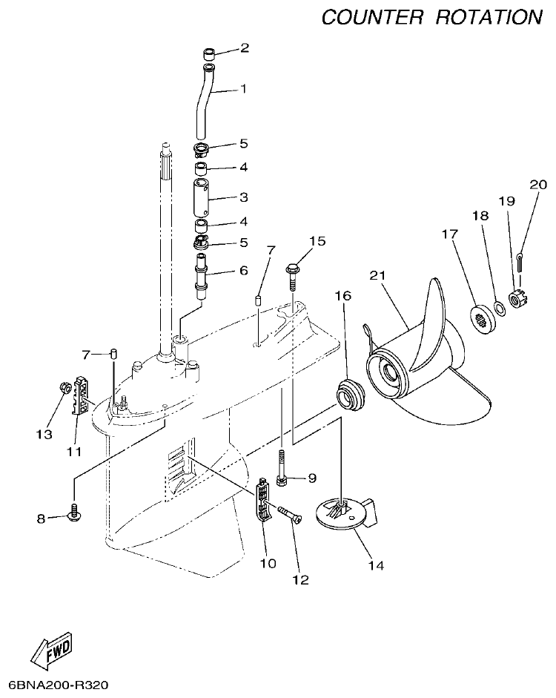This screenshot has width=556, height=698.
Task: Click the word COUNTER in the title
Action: (372, 17)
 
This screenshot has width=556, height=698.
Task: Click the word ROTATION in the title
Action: (489, 17)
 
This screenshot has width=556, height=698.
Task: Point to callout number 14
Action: (376, 566)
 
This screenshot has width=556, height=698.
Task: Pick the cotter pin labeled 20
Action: (521, 260)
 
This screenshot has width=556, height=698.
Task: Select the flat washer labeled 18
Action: (500, 307)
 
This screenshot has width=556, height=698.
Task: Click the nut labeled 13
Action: (64, 387)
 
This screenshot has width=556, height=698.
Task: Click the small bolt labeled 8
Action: (75, 510)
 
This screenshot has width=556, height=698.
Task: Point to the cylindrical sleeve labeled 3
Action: (203, 196)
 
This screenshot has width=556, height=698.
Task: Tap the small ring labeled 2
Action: (211, 53)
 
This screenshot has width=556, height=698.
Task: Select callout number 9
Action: (311, 478)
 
